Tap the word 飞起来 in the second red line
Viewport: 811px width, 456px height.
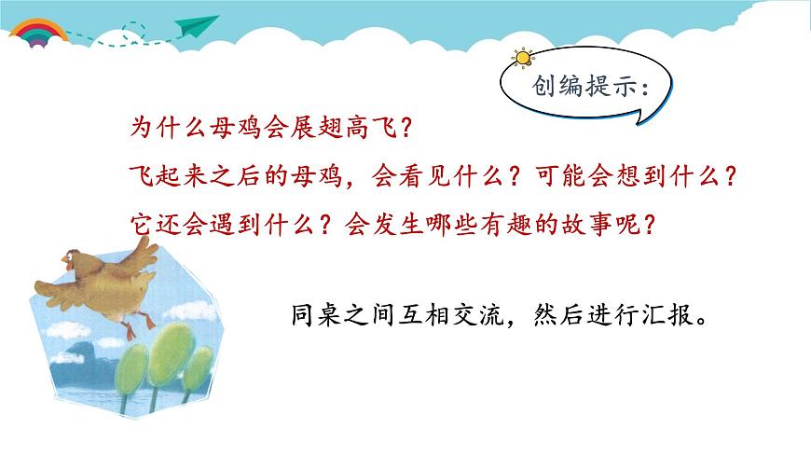tap(160, 174)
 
